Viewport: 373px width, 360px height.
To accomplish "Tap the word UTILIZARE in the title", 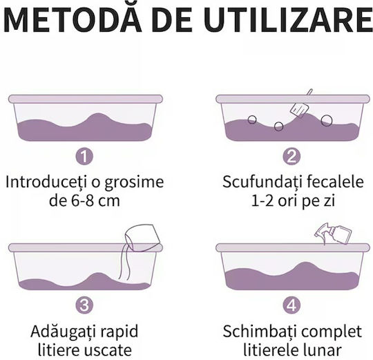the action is [x=288, y=19].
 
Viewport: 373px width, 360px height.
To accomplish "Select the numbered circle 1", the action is [x=84, y=156].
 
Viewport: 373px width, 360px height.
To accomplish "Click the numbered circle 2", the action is [x=291, y=156].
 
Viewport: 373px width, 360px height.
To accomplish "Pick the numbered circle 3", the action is [x=84, y=305].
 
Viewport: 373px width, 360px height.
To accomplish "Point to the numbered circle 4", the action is [x=291, y=305].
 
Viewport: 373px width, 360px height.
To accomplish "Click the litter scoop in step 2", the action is [x=301, y=105].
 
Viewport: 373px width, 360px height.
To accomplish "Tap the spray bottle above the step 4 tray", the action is [x=333, y=234].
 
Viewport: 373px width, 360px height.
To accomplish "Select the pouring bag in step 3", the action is [x=142, y=238].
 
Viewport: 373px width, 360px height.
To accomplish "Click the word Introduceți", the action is [x=46, y=182].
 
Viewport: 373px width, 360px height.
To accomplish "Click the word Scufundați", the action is [x=262, y=182].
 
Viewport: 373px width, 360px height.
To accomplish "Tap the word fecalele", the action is [x=335, y=182].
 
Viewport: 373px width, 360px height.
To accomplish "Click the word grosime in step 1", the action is [x=135, y=182].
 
